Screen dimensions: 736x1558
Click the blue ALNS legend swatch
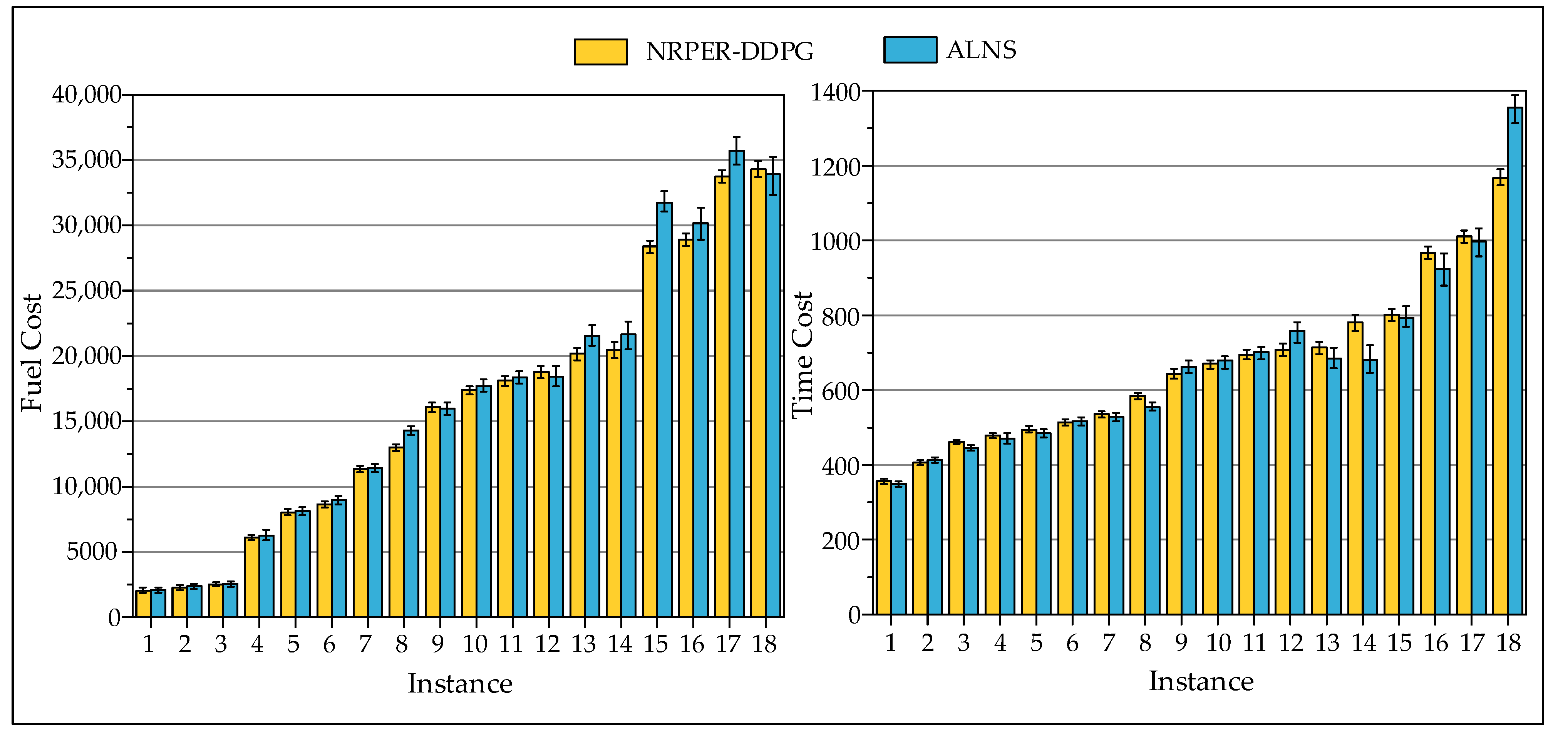910,50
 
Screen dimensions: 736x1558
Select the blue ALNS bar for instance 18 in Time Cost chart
1515,363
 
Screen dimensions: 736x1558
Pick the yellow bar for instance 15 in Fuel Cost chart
650,432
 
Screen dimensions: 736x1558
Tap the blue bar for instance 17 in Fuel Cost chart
737,384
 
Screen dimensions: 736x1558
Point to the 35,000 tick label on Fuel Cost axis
87,160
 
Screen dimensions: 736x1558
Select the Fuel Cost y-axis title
32,353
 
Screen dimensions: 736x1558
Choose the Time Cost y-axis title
802,355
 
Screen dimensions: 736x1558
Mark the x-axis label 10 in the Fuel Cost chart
475,645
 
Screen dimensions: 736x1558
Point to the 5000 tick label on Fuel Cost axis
92,552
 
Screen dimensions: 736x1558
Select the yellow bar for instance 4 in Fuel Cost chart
251,577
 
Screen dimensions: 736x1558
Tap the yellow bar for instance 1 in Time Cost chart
884,548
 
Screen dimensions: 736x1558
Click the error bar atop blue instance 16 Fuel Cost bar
700,224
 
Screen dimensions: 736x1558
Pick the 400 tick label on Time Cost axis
841,466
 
